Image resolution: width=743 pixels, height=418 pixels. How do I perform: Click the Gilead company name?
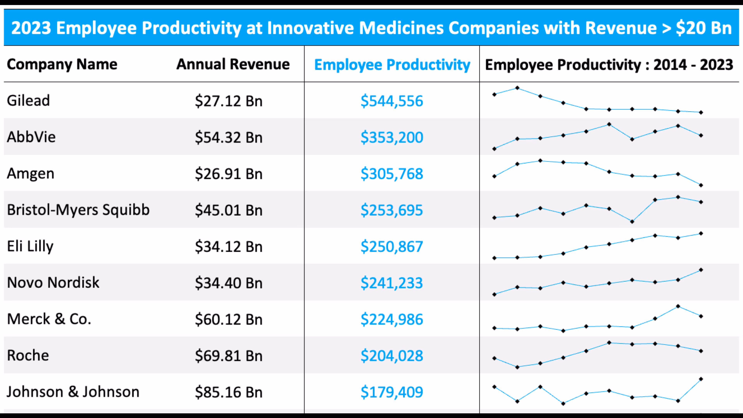pyautogui.click(x=28, y=101)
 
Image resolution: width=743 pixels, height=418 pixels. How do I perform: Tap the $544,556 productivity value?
pyautogui.click(x=392, y=101)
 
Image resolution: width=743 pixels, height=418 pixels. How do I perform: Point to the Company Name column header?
pyautogui.click(x=62, y=64)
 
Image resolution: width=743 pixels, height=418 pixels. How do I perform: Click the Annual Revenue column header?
pyautogui.click(x=233, y=64)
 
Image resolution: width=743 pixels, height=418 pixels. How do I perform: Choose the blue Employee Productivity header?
pyautogui.click(x=392, y=65)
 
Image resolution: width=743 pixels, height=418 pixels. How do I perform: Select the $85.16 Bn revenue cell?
pyautogui.click(x=229, y=392)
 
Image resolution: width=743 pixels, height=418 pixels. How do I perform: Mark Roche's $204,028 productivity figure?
pyautogui.click(x=392, y=356)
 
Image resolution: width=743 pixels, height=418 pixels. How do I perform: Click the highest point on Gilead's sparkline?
pyautogui.click(x=517, y=88)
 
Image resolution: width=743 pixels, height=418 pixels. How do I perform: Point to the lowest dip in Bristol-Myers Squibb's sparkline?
pyautogui.click(x=632, y=222)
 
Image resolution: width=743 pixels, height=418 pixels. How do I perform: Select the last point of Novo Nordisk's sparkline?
pyautogui.click(x=701, y=270)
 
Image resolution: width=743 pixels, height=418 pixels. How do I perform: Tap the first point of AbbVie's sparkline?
pyautogui.click(x=494, y=149)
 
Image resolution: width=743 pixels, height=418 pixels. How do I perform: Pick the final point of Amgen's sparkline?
pyautogui.click(x=701, y=185)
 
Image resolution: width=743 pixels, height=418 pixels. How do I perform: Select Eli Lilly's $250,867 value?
pyautogui.click(x=392, y=247)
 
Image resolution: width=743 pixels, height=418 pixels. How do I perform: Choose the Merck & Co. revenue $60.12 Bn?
pyautogui.click(x=229, y=319)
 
